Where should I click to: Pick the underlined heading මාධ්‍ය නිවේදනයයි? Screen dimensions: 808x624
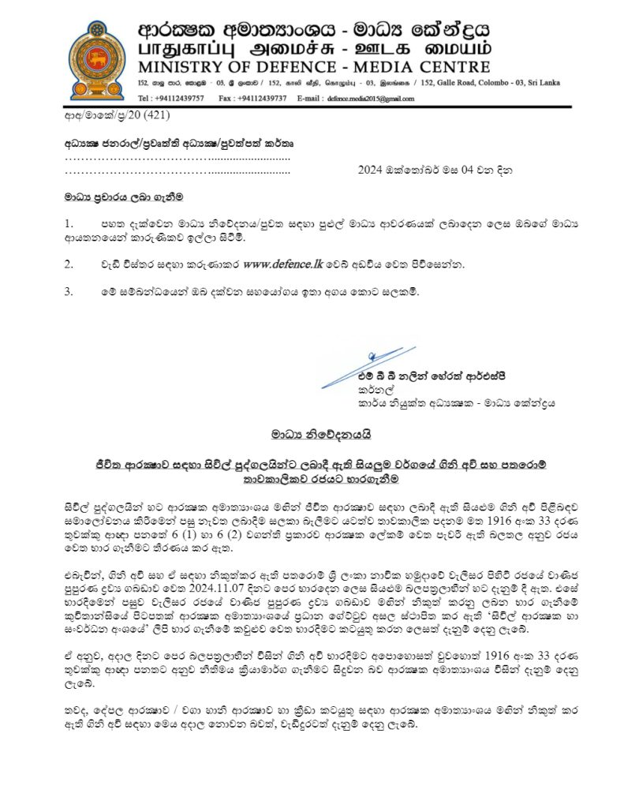tap(321, 433)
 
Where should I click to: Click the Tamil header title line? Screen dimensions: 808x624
tap(313, 48)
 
